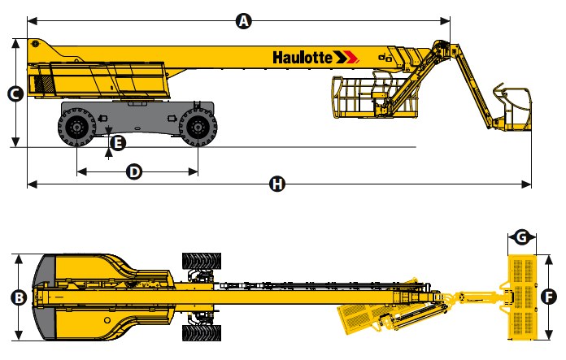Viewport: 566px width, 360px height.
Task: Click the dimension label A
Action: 244,21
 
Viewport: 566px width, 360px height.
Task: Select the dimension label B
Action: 19,298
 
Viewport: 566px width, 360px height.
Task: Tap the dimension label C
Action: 15,94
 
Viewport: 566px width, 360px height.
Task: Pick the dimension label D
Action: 134,171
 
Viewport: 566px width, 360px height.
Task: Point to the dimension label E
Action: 118,143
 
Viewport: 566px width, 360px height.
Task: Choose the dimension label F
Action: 549,297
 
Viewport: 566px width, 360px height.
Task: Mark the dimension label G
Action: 522,237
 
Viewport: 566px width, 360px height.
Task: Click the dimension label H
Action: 277,184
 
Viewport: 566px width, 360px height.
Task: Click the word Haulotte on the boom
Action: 303,58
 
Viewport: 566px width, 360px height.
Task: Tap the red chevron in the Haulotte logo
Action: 351,57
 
